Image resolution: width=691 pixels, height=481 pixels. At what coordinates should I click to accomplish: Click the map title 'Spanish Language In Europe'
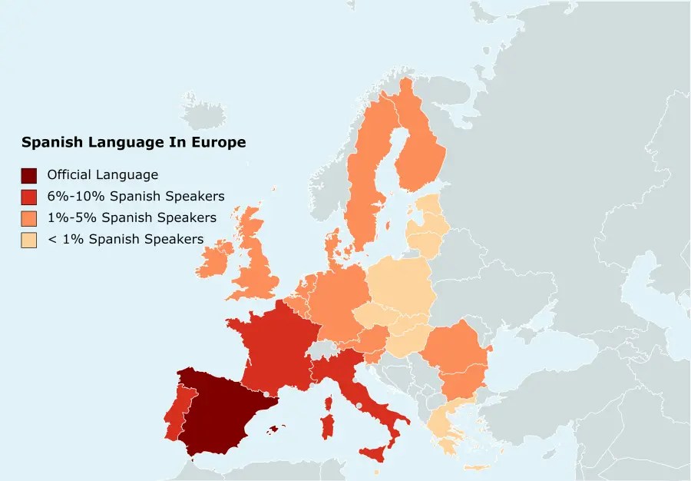pyautogui.click(x=134, y=142)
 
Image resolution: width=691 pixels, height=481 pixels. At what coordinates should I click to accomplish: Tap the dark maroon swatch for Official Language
pyautogui.click(x=29, y=175)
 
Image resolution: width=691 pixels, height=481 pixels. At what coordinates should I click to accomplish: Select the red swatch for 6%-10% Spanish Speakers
pyautogui.click(x=29, y=197)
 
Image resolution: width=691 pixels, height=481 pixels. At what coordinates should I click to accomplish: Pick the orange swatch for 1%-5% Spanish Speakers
pyautogui.click(x=29, y=218)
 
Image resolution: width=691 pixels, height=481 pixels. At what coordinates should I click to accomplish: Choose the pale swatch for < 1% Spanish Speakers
pyautogui.click(x=29, y=240)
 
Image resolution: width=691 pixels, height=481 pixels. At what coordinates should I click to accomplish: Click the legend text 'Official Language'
pyautogui.click(x=102, y=175)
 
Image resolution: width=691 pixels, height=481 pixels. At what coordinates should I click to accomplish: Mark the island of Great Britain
pyautogui.click(x=257, y=265)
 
